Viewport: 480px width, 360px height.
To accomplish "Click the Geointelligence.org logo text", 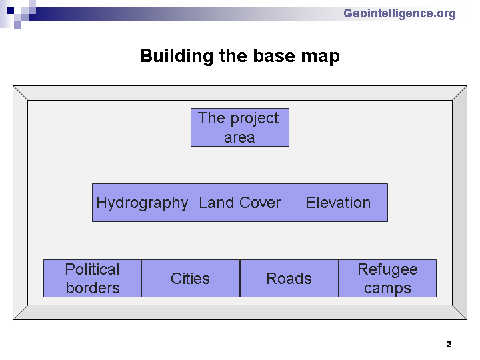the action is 399,14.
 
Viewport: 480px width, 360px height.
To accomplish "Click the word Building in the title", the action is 177,56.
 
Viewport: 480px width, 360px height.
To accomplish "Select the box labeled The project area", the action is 240,127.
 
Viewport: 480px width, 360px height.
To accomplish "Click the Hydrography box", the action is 141,203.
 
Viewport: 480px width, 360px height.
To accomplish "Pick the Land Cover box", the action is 240,203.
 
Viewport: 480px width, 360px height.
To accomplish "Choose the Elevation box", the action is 338,203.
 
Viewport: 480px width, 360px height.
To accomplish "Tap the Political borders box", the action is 93,278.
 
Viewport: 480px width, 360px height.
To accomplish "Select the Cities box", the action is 191,278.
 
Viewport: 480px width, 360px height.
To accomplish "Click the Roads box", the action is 289,278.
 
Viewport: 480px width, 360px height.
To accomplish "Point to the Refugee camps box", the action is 387,278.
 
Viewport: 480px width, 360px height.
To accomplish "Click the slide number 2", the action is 449,345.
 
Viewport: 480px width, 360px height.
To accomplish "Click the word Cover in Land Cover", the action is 260,203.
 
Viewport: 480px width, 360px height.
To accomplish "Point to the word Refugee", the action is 387,270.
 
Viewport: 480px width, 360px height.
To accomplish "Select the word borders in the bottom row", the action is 93,288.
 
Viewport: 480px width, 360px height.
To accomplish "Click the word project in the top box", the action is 255,119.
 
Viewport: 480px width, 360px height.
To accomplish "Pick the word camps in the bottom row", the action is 387,289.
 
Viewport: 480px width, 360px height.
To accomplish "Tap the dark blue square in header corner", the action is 10,11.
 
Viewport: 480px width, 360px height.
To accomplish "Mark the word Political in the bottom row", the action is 93,269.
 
